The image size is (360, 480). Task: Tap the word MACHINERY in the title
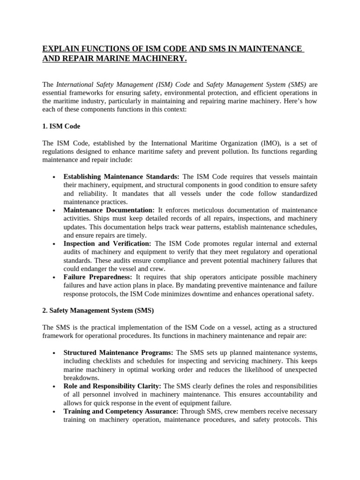point(155,59)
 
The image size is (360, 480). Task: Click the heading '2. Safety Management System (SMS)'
point(98,310)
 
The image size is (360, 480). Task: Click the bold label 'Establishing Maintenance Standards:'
point(121,176)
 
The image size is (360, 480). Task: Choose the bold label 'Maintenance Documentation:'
point(109,210)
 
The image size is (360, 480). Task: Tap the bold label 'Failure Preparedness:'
point(98,277)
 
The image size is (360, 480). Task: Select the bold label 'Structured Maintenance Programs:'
point(119,352)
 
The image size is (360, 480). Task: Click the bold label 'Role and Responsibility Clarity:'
point(112,386)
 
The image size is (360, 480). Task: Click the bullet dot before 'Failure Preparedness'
point(55,277)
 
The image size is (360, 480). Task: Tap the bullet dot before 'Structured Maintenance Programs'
point(55,352)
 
